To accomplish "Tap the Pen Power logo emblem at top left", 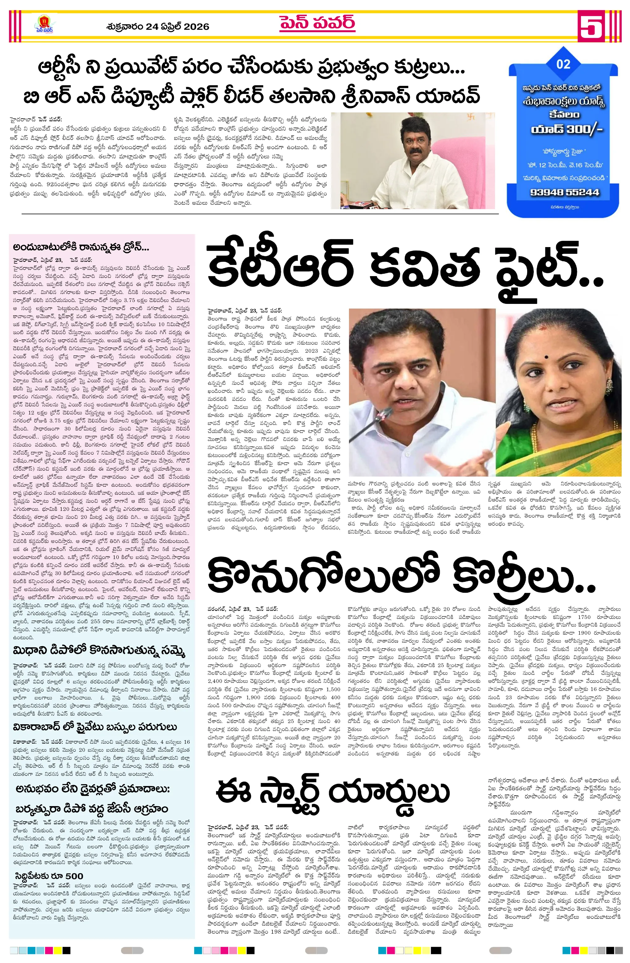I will coord(44,24).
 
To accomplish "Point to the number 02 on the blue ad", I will coord(563,64).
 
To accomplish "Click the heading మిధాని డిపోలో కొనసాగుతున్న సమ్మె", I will coord(99,651).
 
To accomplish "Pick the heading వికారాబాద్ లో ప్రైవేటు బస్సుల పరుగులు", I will coord(95,727).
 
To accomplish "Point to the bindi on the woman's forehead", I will coord(547,357).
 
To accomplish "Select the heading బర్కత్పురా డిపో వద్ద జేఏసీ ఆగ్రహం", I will coord(92,809).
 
